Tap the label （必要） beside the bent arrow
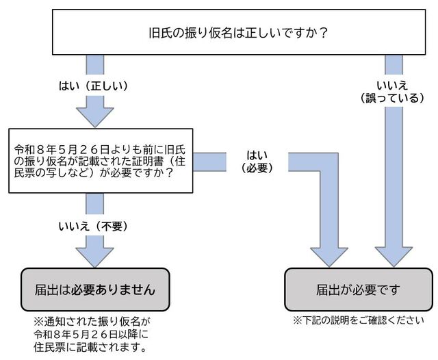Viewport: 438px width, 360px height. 256,167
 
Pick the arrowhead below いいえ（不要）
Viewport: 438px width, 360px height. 94,254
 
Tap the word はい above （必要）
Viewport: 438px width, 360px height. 256,154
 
